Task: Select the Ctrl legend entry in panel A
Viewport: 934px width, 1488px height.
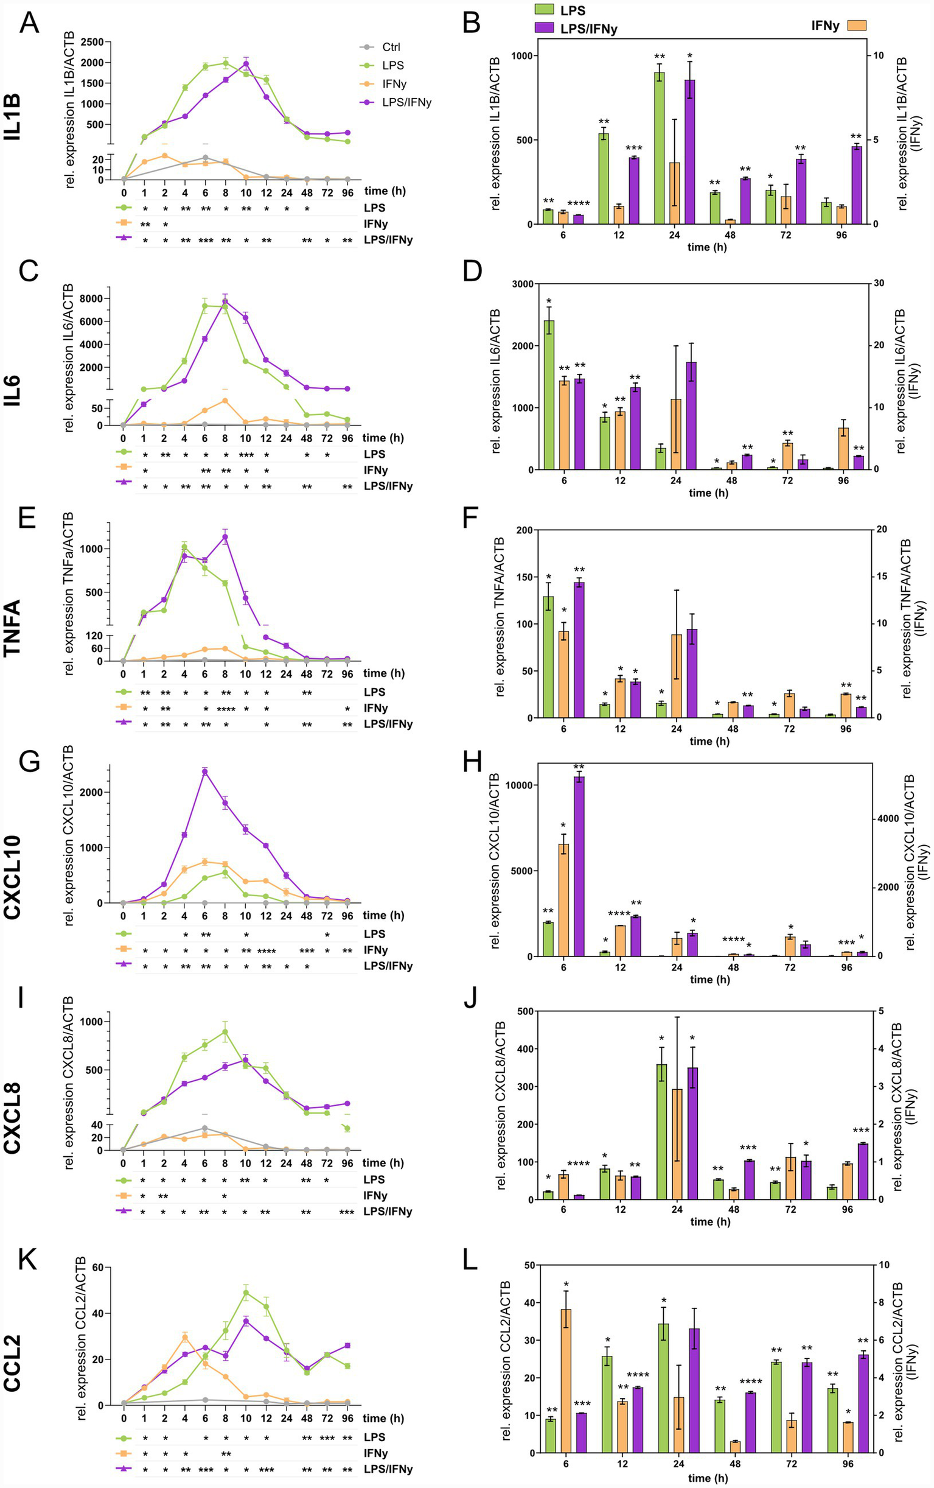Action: [391, 47]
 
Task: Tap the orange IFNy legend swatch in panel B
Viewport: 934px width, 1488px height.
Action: [856, 26]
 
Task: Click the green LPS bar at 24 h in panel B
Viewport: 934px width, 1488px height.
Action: [659, 149]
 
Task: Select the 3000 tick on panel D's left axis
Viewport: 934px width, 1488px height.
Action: [523, 284]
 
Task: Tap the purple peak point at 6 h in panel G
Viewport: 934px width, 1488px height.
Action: [204, 771]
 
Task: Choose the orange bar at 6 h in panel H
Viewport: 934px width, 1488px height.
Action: [563, 900]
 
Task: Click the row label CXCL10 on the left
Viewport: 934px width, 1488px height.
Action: [12, 877]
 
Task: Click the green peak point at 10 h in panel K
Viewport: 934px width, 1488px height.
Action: [246, 1292]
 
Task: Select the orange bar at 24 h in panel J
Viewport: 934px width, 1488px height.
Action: [677, 1144]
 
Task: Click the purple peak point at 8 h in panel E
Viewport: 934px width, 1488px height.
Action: [226, 537]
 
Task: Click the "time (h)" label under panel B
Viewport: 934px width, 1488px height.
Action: [706, 247]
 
